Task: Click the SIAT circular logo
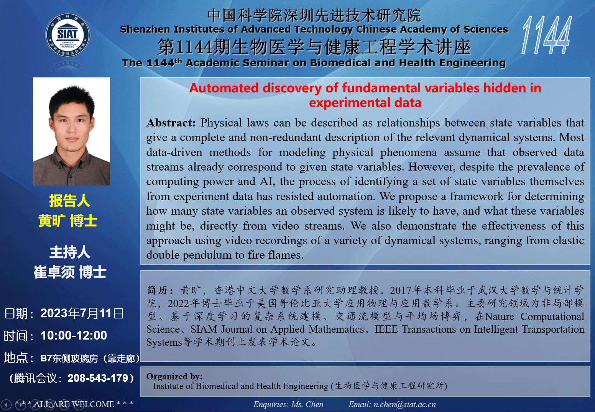point(68,35)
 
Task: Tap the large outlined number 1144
point(547,35)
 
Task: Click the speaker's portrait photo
point(71,131)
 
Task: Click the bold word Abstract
point(171,123)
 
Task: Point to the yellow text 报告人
point(70,201)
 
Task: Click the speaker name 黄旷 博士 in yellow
point(68,221)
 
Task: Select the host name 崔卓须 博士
point(70,272)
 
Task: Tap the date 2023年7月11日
point(82,314)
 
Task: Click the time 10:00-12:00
point(74,336)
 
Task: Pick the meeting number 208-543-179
point(98,378)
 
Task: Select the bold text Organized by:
point(174,376)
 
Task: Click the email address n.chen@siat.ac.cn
point(404,404)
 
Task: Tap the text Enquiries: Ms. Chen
point(288,404)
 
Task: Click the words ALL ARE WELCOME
point(74,404)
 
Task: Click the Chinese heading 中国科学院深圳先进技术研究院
point(314,15)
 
